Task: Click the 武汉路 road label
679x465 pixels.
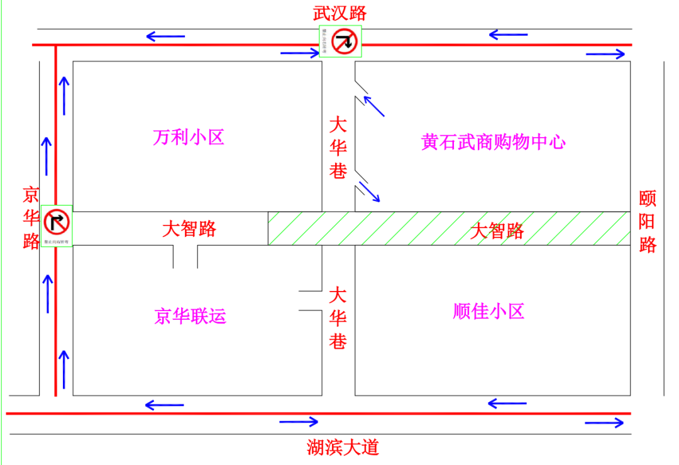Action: coord(340,12)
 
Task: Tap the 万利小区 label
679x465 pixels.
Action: coord(189,137)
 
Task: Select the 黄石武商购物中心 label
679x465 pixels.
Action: coord(494,142)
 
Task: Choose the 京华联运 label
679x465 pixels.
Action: coord(190,316)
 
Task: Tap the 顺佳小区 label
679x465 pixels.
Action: coord(489,311)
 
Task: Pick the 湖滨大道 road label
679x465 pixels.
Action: coord(343,447)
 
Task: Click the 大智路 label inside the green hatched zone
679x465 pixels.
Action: coord(497,231)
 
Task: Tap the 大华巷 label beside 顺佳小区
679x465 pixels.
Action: coord(338,318)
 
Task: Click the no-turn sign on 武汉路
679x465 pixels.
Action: coord(345,42)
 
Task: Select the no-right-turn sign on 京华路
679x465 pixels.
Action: coord(57,221)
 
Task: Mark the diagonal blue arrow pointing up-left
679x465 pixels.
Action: coord(374,106)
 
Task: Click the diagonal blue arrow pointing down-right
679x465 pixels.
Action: coord(370,192)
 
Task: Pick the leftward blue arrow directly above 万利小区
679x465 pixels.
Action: coord(166,36)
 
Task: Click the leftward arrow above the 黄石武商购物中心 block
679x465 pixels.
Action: coord(508,34)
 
